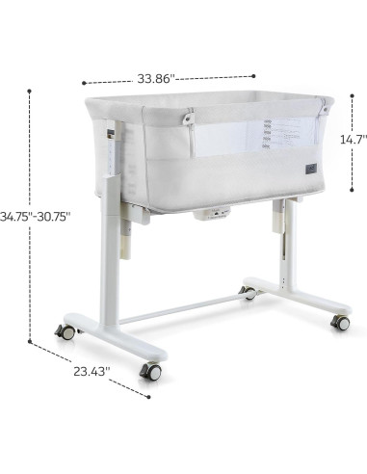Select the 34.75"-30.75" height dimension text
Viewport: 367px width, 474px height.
point(35,214)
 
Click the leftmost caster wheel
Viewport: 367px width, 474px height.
point(65,331)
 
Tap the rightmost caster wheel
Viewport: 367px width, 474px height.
point(339,323)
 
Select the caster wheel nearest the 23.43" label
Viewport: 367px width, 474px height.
point(150,370)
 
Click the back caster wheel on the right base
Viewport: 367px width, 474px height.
point(249,292)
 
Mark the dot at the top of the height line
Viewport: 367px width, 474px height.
point(30,92)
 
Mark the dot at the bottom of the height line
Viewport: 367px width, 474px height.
point(33,340)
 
